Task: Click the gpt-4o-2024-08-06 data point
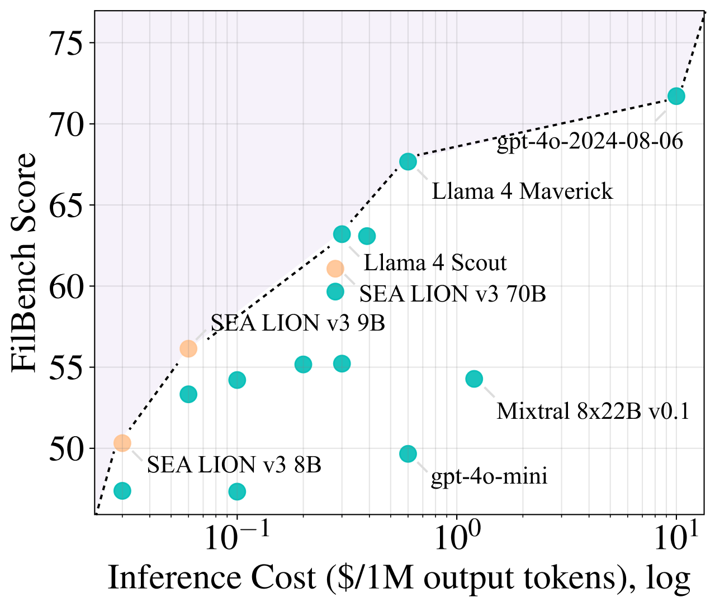coord(676,96)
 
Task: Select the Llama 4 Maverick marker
coord(408,161)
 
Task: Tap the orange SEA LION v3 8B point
coord(122,443)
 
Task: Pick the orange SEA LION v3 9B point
coord(188,348)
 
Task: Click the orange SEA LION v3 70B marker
coord(335,269)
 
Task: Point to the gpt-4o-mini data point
coord(408,454)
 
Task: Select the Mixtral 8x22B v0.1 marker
coord(474,379)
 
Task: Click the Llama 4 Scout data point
coord(342,234)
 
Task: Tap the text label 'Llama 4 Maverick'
coord(522,192)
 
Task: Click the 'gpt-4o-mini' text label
coord(489,477)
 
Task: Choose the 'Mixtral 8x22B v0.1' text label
coord(593,412)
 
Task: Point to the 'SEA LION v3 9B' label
coord(297,323)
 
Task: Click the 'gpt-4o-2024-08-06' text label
coord(590,142)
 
